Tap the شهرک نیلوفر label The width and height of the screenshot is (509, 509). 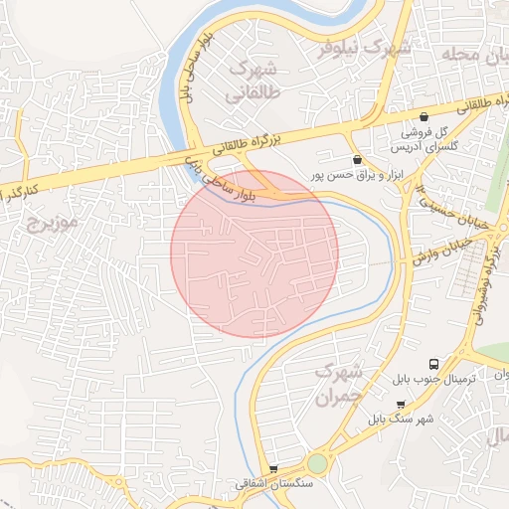click(x=359, y=47)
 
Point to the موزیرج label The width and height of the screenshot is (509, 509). click(x=53, y=220)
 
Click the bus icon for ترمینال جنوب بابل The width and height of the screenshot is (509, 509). click(x=433, y=365)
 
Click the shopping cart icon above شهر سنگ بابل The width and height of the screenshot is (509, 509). click(x=401, y=405)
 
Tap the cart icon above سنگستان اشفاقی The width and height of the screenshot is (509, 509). click(x=274, y=468)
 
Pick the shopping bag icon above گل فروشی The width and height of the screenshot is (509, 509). click(x=424, y=116)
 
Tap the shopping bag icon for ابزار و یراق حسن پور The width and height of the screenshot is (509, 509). click(x=357, y=158)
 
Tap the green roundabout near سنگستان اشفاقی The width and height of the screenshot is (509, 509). click(x=317, y=464)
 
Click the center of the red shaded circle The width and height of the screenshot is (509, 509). click(x=254, y=254)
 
